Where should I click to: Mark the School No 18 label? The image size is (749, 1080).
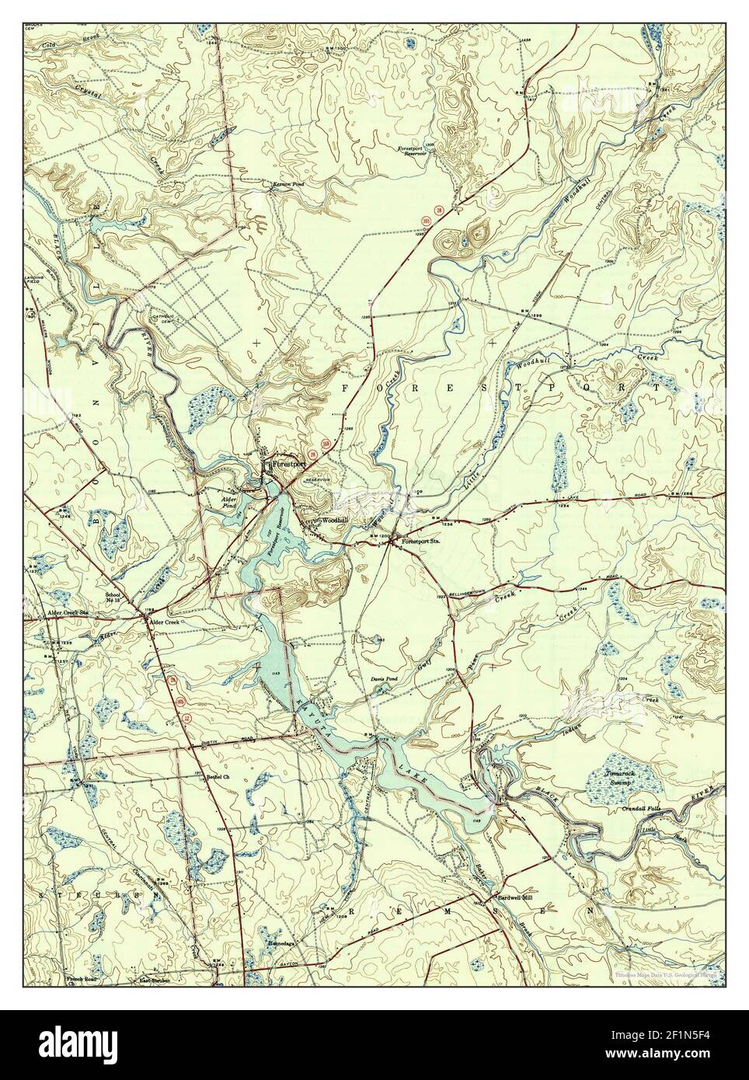coord(113,599)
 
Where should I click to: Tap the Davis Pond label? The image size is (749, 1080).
coord(383,678)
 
